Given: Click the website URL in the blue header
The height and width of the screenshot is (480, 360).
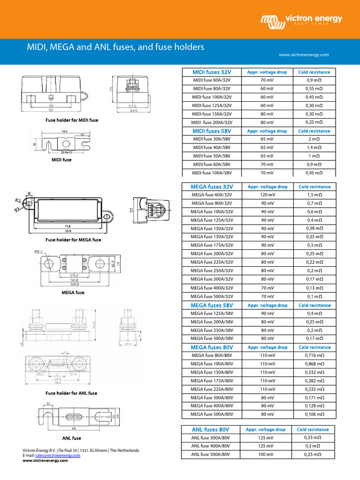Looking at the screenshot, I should coord(304,55).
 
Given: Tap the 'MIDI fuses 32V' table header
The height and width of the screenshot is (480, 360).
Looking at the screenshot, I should coord(212,72).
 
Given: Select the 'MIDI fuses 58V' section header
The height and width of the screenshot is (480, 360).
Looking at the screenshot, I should coord(212,131).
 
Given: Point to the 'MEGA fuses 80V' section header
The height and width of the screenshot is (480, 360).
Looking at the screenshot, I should coord(212,347).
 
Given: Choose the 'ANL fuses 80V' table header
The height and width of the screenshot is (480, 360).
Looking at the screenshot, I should coord(210,429).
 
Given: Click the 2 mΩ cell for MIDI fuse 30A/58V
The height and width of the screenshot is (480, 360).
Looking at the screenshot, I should coord(314,139).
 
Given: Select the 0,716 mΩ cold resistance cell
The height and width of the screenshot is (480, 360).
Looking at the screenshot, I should coord(314,356).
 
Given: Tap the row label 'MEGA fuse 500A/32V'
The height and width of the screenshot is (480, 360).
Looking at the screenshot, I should coord(212,297).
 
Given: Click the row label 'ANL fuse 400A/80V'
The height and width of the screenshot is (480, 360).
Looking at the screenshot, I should coord(210,446).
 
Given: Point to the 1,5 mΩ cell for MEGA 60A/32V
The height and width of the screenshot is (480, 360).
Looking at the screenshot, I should coord(314,195).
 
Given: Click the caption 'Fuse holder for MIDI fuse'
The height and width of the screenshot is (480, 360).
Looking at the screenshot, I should coord(72,120).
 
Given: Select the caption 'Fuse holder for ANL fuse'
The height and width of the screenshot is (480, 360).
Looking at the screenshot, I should coord(72,393).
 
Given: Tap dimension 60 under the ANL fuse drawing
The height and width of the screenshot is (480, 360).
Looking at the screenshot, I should coord(74,428).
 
